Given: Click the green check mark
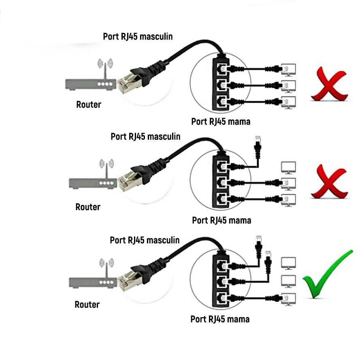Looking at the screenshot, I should [327, 275].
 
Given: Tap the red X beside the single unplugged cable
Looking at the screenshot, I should [329, 183].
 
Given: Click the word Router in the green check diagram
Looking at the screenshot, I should [87, 305].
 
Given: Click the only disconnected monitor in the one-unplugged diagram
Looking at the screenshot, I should [288, 167].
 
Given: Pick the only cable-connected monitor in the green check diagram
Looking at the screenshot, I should [288, 298].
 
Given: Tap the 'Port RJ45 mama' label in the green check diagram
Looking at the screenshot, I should [220, 319].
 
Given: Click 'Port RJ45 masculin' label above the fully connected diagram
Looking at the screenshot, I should [138, 37].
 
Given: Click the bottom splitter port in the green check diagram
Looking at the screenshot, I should [221, 298].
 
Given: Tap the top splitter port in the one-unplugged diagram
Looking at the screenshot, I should [221, 166].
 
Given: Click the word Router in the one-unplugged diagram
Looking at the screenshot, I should [88, 207].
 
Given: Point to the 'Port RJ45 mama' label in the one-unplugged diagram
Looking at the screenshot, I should [222, 220].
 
